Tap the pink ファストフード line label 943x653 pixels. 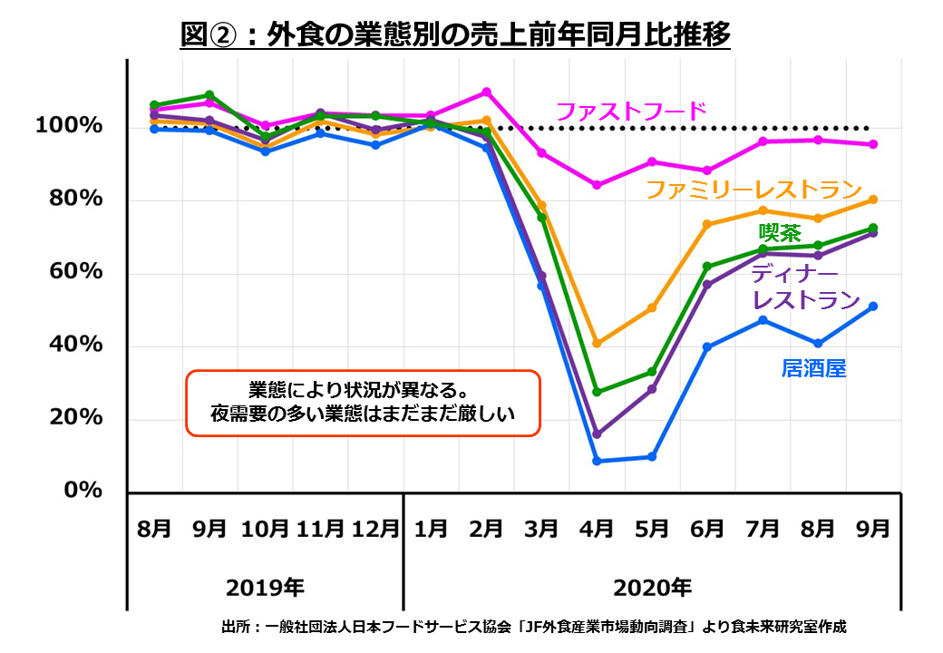point(630,112)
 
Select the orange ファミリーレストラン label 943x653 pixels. point(752,190)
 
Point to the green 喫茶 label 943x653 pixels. point(780,232)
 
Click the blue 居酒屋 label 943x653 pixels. point(813,369)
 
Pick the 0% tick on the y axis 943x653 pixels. point(83,491)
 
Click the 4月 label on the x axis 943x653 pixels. point(597,529)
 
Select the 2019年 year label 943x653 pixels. point(265,587)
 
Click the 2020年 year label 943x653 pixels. point(652,587)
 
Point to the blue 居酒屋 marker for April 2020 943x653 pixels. point(597,461)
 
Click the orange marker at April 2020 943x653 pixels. point(597,344)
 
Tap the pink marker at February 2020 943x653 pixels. point(487,92)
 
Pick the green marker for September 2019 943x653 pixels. point(209,94)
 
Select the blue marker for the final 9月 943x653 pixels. point(873,307)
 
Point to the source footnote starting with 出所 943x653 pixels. point(533,627)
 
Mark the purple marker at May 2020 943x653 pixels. point(652,389)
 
